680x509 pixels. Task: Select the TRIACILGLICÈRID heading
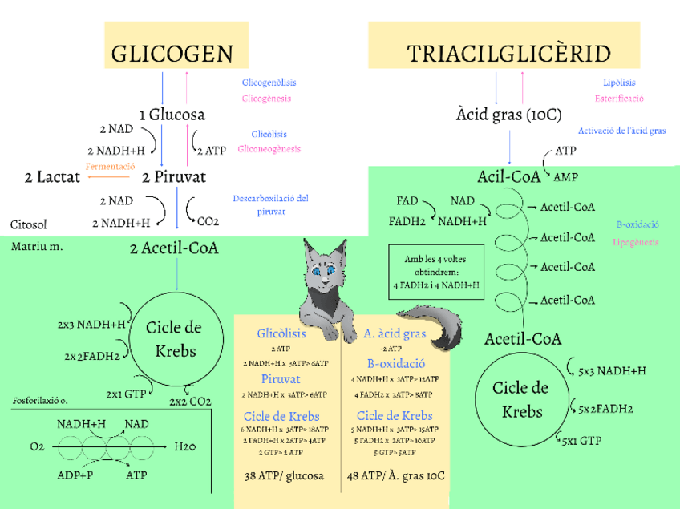pos(508,54)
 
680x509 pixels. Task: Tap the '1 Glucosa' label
pos(172,115)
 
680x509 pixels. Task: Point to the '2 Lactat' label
pos(53,176)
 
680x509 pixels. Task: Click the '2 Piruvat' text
pos(174,176)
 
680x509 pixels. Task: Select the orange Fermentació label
pos(110,165)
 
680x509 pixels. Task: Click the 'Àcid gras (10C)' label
pos(508,115)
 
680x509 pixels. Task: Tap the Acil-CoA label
pos(509,176)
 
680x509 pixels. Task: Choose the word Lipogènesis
pos(637,242)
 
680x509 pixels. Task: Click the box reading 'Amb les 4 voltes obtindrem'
pos(436,272)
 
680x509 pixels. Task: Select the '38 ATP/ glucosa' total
pos(285,475)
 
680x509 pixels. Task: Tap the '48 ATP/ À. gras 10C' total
pos(395,475)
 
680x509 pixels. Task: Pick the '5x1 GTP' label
pos(581,440)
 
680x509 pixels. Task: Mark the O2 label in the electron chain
pos(37,446)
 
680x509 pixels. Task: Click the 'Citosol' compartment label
pos(30,224)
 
